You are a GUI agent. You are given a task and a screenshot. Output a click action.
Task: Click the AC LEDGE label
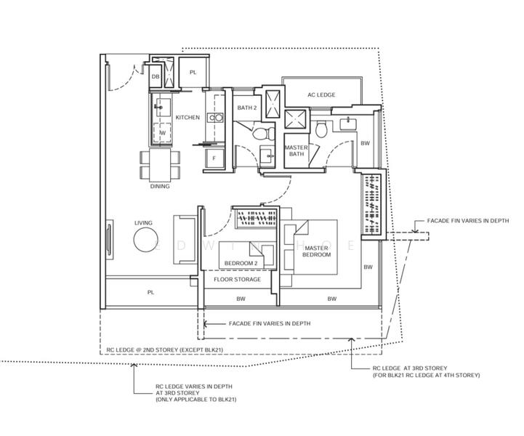321,95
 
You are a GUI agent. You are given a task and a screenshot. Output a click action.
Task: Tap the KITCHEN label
188,117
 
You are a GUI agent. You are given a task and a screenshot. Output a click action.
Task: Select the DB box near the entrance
156,76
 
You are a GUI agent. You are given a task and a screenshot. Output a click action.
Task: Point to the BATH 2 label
247,108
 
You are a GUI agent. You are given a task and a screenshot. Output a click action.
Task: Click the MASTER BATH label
297,150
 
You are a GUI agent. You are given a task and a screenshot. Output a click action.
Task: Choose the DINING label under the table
160,186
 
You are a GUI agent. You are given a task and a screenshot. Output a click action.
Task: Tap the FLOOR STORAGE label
237,279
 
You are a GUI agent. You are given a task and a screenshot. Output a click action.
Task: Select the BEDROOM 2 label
241,263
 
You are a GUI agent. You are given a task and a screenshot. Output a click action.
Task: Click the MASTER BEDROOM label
316,251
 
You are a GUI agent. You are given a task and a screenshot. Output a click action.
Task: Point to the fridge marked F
214,158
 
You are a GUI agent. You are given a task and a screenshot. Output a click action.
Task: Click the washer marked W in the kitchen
162,133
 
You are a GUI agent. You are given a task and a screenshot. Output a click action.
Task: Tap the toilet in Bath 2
264,134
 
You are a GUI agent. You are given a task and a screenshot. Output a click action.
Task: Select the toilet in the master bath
322,129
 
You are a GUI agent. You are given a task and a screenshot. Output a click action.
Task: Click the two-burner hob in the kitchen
215,118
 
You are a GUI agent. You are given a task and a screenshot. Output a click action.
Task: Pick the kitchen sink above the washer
163,108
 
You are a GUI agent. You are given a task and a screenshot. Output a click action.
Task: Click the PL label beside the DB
193,72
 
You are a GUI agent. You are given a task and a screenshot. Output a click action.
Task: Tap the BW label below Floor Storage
241,299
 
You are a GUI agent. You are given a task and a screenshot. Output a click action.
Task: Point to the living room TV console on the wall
109,239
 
